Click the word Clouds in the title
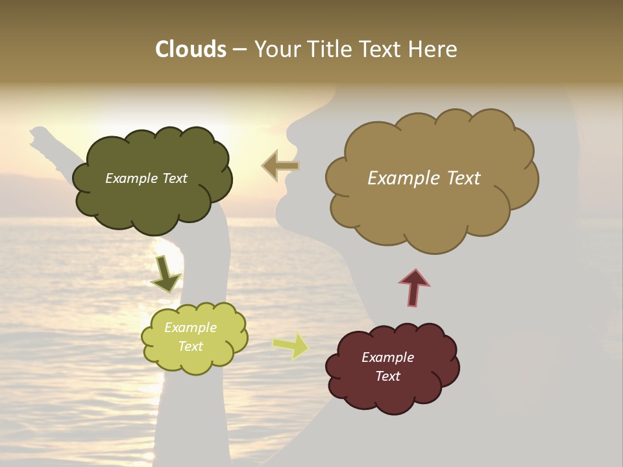pos(191,49)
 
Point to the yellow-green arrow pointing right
pos(290,346)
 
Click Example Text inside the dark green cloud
pos(146,178)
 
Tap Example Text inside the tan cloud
pos(424,178)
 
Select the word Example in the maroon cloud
pos(387,357)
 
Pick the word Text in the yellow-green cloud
pos(190,346)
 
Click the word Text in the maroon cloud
pos(387,376)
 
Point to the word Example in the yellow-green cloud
pos(190,328)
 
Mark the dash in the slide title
pos(239,49)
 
